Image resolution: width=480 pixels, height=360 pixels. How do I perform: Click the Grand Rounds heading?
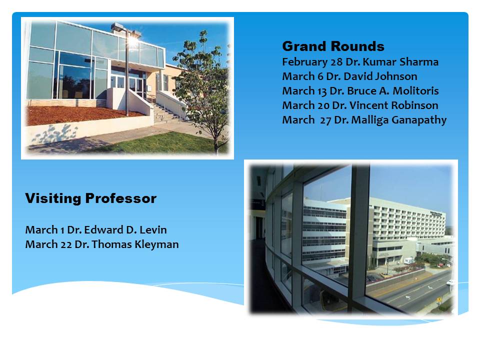[x=333, y=46]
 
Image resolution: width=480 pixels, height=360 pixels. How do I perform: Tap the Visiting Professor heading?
[x=90, y=198]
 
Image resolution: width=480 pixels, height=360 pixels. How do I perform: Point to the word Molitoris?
[x=415, y=90]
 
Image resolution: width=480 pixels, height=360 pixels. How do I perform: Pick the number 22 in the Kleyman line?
[x=66, y=245]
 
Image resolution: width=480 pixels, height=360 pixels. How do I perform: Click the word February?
[x=305, y=62]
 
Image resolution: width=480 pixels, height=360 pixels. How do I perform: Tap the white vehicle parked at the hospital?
[x=409, y=261]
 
